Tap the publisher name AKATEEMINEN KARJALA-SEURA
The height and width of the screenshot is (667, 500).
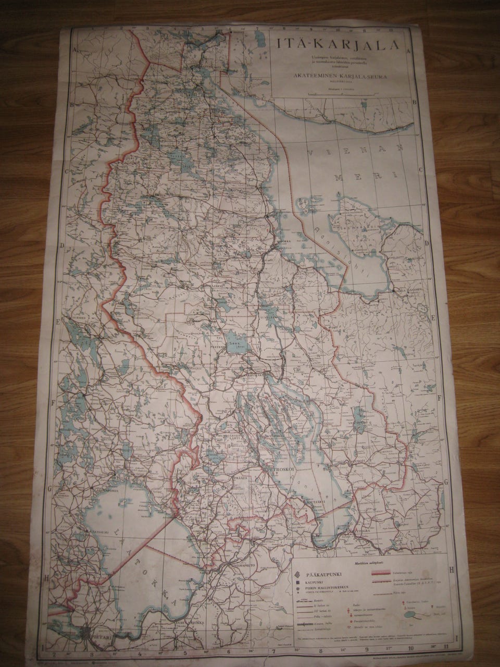coord(337,73)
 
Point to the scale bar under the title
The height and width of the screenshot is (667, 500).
coord(337,93)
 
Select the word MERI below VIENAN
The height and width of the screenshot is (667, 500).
coord(365,176)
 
